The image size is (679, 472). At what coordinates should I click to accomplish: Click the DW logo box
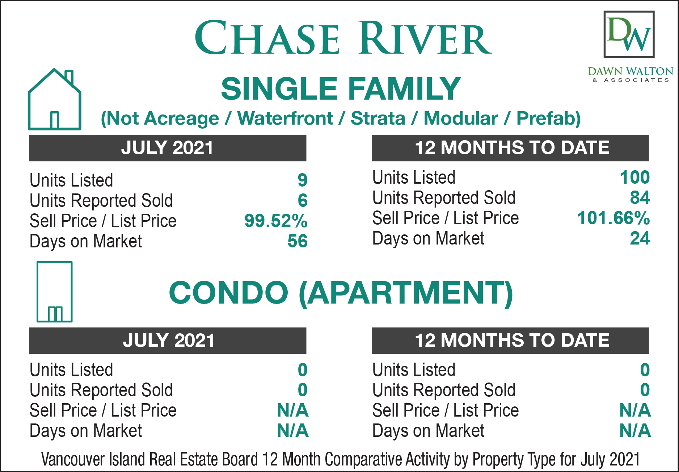click(629, 34)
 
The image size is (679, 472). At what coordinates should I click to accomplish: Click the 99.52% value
click(276, 221)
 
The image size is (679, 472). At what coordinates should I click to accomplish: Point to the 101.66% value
click(613, 218)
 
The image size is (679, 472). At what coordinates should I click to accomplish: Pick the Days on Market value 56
click(298, 241)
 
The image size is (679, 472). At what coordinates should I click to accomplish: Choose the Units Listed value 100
click(635, 177)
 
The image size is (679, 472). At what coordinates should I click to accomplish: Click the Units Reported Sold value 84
click(640, 197)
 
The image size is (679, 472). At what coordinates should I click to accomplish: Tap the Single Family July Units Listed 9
click(303, 180)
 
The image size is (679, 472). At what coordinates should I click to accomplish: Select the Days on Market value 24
click(640, 238)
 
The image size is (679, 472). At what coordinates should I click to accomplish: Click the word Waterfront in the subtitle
click(285, 118)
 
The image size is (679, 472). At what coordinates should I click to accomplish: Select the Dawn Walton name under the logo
click(630, 71)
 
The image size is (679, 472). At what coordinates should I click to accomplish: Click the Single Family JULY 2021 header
click(168, 148)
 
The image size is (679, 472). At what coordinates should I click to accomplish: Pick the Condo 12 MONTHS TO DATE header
click(510, 341)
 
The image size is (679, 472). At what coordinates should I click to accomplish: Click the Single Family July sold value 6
click(303, 200)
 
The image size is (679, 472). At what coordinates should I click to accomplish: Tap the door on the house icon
click(55, 120)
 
